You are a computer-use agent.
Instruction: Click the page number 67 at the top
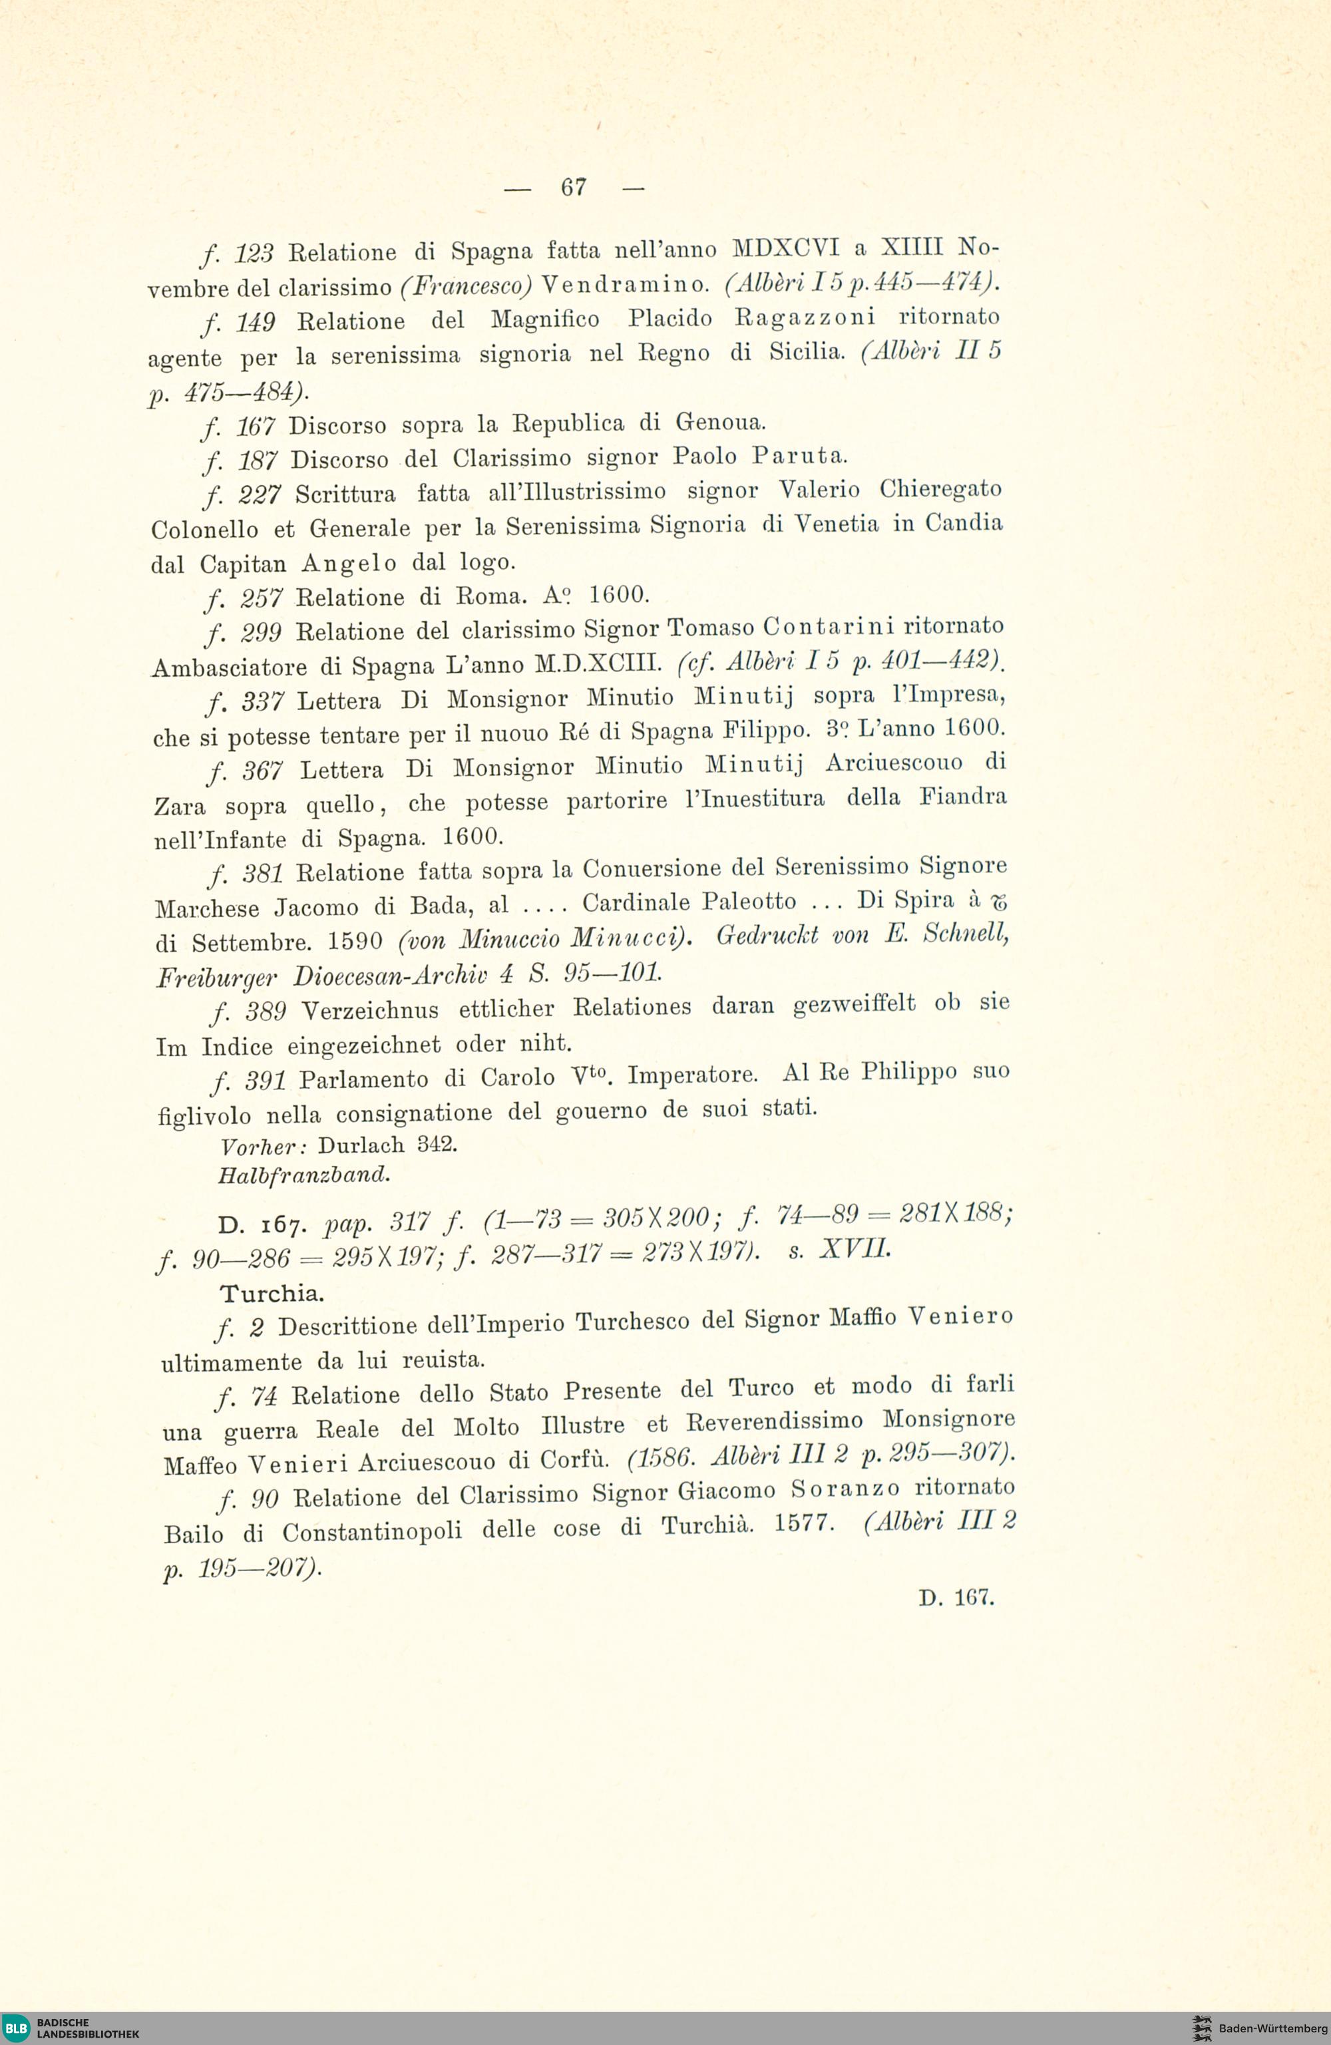[573, 186]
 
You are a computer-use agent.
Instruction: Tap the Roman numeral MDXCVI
[785, 248]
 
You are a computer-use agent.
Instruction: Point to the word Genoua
[719, 422]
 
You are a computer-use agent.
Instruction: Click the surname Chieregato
[940, 490]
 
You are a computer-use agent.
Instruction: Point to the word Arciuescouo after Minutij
[894, 763]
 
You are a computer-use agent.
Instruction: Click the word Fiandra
[962, 797]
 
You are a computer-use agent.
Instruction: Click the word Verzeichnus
[370, 1010]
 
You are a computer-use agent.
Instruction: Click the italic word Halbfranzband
[304, 1174]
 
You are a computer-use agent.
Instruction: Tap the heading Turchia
[272, 1293]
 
